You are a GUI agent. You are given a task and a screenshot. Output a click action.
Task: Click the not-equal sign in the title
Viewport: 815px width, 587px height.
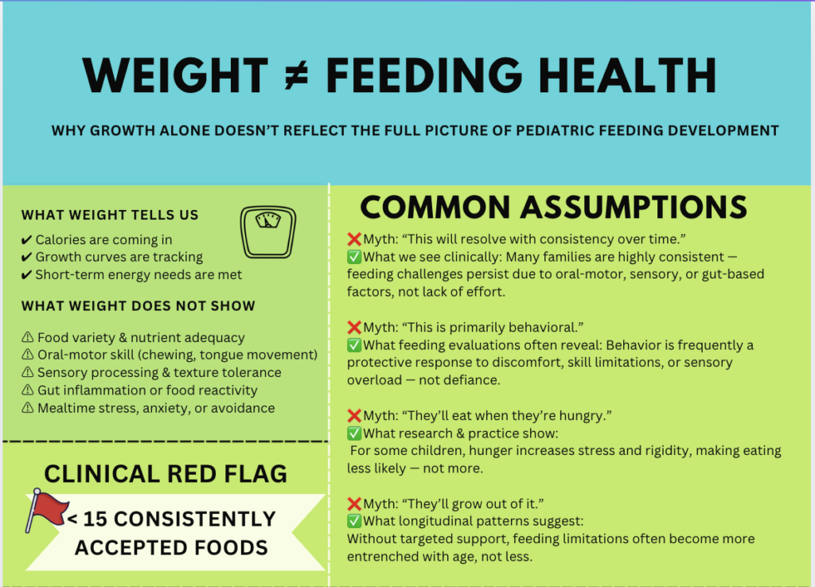coord(296,76)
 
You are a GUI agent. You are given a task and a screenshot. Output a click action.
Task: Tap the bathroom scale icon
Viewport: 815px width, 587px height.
coord(268,231)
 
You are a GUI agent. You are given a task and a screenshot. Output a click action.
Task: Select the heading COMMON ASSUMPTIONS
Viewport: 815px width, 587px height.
coord(554,208)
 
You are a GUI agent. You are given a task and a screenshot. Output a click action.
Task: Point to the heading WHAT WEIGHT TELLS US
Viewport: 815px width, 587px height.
coord(110,215)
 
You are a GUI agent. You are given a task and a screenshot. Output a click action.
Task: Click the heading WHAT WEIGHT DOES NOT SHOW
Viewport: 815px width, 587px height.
coord(138,306)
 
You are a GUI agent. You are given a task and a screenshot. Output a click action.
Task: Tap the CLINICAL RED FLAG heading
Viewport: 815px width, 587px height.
coord(166,474)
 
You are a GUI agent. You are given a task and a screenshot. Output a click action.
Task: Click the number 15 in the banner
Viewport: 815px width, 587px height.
coord(95,519)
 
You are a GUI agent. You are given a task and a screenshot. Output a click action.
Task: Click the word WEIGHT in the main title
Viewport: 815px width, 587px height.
coord(175,76)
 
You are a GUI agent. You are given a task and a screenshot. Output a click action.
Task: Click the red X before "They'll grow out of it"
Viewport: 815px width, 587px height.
coord(354,503)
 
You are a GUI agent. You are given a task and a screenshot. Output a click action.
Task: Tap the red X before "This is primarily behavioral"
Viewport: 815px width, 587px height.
coord(354,327)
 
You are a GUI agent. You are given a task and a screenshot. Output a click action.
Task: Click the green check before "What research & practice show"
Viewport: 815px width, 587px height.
coord(354,433)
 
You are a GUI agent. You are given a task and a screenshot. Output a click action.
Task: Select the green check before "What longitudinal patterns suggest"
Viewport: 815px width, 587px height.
coord(354,521)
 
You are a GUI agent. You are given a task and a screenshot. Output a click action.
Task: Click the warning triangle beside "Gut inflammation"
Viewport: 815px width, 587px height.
coord(27,391)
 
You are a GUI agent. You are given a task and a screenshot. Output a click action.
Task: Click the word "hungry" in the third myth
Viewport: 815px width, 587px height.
coord(535,415)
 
